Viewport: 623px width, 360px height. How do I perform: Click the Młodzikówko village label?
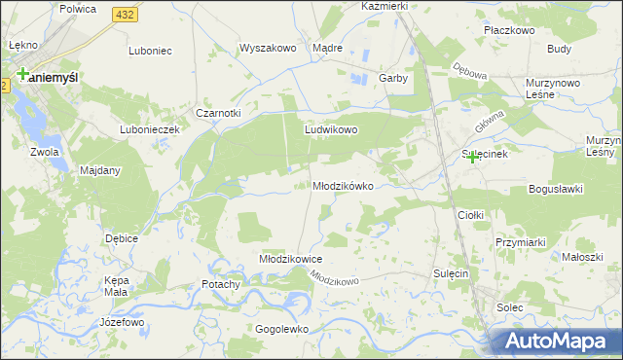tap(342, 186)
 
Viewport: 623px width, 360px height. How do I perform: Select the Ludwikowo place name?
tap(332, 128)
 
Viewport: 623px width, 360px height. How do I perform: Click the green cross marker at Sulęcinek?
tap(473, 157)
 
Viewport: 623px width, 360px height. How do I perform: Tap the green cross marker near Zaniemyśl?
tap(21, 73)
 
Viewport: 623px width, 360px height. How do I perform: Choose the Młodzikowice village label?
tap(289, 260)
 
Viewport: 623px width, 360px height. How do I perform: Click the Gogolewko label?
tap(281, 329)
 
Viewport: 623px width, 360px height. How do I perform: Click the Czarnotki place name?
tap(218, 113)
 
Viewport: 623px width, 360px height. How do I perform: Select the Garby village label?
tap(391, 78)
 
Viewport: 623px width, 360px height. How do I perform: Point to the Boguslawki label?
tap(555, 189)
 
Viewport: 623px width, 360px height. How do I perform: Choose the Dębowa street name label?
tap(469, 72)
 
